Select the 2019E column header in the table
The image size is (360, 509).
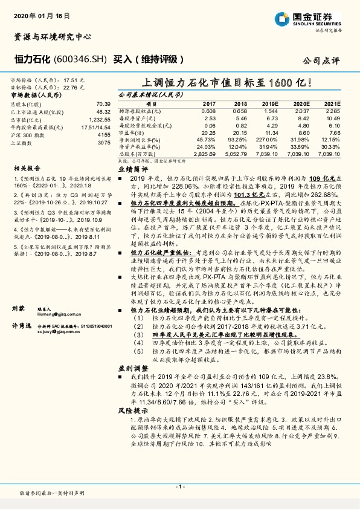tap(269, 104)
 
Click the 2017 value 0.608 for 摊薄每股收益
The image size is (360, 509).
tap(208, 112)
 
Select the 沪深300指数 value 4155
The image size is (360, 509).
tap(104, 135)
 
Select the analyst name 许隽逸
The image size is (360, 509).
tap(21, 325)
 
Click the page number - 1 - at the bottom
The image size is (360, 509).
tap(179, 486)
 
